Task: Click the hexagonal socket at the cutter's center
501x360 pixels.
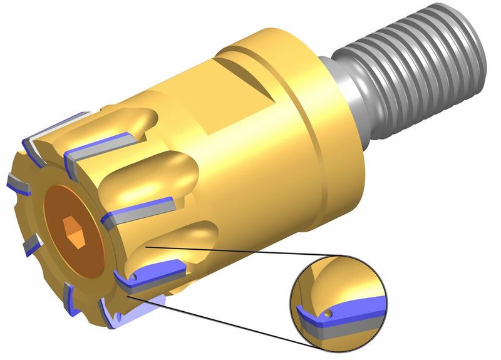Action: click(73, 234)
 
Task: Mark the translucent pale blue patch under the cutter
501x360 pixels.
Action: click(147, 307)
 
